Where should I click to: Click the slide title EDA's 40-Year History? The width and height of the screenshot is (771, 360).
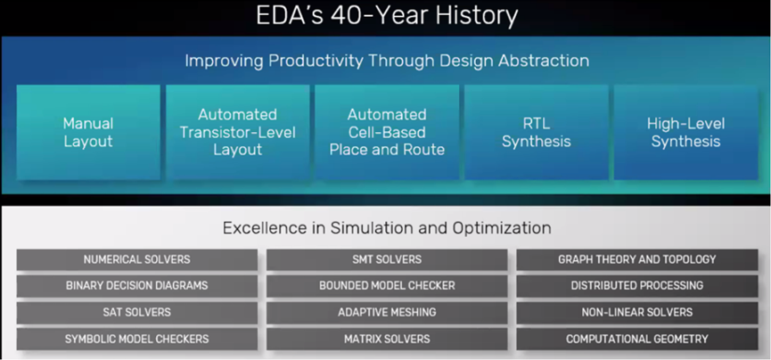(386, 16)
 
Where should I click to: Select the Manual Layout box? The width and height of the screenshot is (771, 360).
(88, 132)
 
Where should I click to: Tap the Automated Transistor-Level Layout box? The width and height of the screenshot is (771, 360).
(237, 132)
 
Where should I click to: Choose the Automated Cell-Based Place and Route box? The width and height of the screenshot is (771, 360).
(387, 132)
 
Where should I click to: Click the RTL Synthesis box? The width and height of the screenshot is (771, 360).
(536, 132)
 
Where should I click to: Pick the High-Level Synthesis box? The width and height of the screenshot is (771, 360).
(685, 132)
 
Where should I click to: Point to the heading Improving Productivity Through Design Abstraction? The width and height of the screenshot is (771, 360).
(386, 61)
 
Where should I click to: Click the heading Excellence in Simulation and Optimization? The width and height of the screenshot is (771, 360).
(386, 228)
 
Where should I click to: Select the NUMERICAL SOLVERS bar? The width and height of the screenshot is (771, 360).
(136, 259)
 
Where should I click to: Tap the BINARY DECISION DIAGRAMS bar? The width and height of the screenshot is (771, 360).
(136, 286)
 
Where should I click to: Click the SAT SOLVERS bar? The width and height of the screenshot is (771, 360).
(136, 313)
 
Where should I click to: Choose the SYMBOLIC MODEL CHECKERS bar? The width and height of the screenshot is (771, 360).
(136, 340)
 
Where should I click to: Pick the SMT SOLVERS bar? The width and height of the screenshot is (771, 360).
(387, 259)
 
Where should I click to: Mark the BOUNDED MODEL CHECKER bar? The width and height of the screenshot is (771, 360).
(387, 286)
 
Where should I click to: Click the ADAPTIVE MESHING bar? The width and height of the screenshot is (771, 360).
(387, 313)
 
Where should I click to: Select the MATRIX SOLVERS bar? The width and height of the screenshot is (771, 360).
(387, 340)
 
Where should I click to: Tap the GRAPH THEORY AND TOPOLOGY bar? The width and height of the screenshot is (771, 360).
(636, 259)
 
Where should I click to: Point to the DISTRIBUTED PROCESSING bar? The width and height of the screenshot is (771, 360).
(636, 286)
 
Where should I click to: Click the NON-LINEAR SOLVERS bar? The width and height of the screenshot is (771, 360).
(636, 313)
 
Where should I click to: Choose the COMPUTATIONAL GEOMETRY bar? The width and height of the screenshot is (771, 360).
(636, 340)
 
